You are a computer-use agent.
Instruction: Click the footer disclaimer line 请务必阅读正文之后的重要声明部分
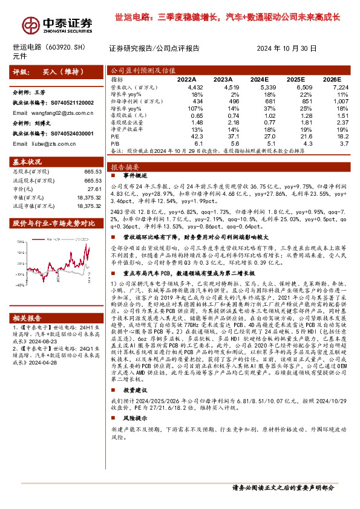tap(283, 487)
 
